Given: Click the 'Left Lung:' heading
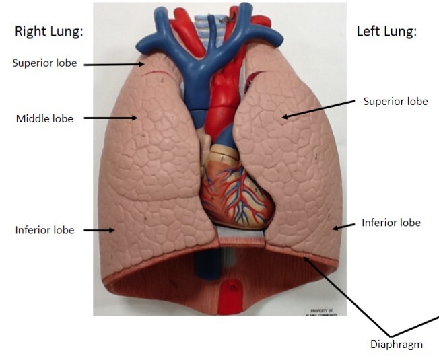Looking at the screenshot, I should point(386,32).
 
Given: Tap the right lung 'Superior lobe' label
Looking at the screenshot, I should point(44,63).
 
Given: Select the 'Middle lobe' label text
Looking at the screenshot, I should point(44,119).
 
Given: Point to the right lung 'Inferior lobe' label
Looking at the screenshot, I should point(44,231).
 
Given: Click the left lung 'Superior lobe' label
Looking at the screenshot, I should point(395,102).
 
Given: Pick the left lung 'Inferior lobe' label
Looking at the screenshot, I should point(391,223).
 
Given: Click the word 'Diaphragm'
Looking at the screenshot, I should point(397,345).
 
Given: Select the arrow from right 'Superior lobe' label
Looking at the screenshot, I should point(114,64).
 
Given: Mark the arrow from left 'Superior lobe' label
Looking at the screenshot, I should point(317,110).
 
